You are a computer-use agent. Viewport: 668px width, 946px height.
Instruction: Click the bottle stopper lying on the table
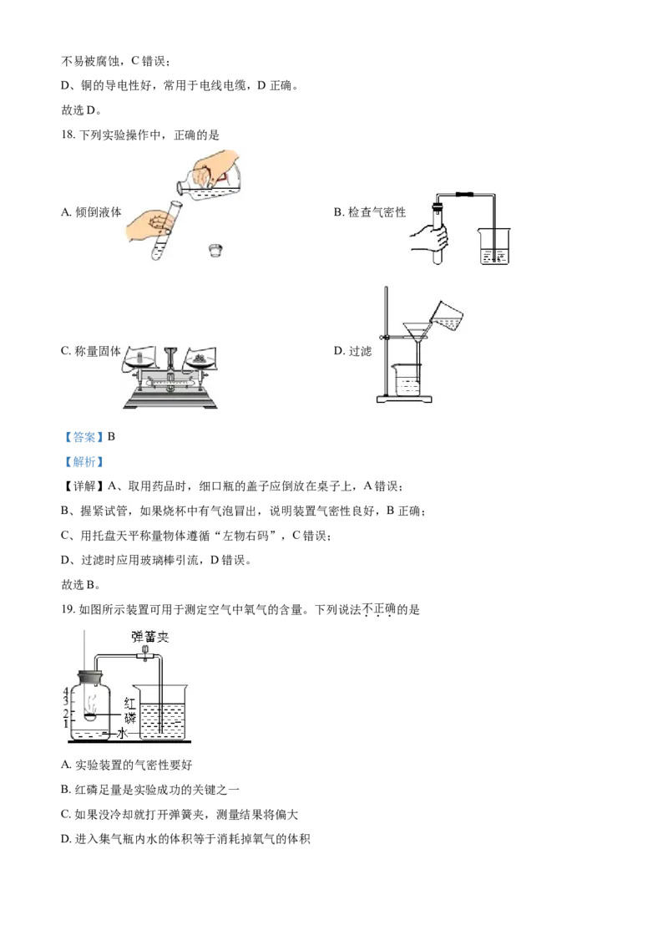click(215, 249)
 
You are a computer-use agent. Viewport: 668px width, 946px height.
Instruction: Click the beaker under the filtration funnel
click(406, 381)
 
